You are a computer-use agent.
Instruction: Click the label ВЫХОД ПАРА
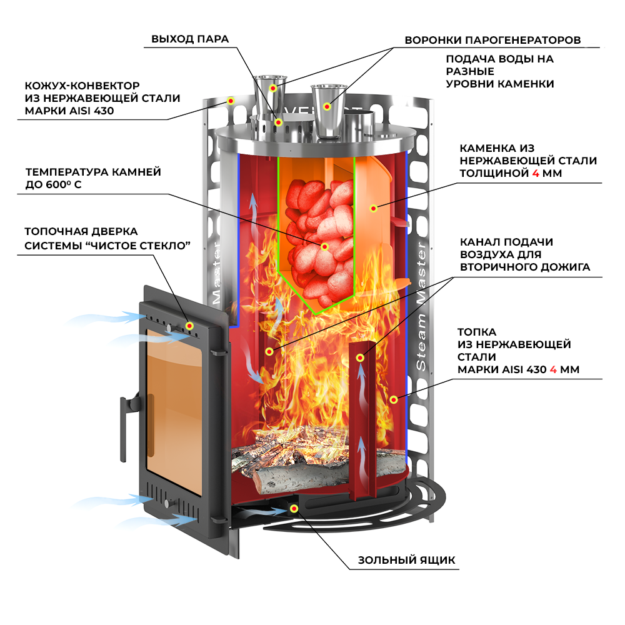click(x=190, y=39)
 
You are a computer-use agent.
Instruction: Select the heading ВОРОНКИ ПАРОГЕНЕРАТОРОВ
click(x=492, y=41)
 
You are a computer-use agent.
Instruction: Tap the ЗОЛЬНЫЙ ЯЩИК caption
click(x=406, y=560)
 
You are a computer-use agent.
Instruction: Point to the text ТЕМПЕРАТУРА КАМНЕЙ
click(x=93, y=171)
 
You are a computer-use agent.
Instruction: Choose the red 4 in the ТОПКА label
click(x=552, y=369)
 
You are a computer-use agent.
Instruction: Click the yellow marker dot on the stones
click(x=324, y=247)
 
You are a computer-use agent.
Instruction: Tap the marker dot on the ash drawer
click(x=293, y=508)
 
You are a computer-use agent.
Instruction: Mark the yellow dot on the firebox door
click(x=190, y=326)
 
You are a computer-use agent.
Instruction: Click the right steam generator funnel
click(x=328, y=109)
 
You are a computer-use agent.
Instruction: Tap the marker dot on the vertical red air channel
click(x=360, y=357)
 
